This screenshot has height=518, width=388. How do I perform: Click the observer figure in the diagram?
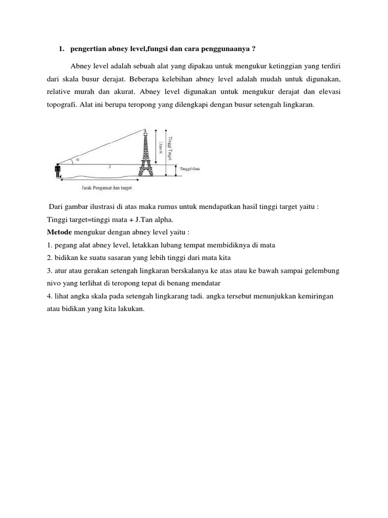click(x=57, y=171)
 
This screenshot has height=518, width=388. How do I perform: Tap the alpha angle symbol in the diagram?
click(x=77, y=159)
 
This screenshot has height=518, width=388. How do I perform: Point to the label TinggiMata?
click(x=190, y=169)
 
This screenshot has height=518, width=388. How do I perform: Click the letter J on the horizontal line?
click(x=110, y=166)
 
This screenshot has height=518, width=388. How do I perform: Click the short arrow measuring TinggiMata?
click(x=176, y=170)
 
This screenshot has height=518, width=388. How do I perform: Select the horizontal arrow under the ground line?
click(x=99, y=178)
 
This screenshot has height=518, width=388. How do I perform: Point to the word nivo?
click(x=53, y=284)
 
